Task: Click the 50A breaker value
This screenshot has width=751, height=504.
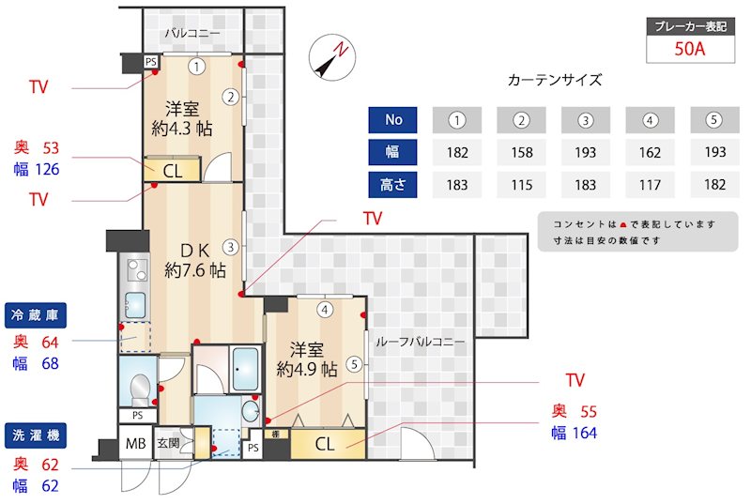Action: (x=689, y=50)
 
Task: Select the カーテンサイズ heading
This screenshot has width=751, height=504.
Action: (x=554, y=81)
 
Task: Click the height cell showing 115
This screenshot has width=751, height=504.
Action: (x=522, y=185)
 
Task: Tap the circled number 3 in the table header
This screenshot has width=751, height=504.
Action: (x=586, y=120)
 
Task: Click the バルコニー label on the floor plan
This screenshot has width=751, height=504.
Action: (x=192, y=35)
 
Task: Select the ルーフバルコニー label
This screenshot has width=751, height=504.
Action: (x=420, y=343)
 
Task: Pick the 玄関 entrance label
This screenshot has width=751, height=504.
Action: (x=168, y=443)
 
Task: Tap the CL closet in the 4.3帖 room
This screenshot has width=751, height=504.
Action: (x=173, y=171)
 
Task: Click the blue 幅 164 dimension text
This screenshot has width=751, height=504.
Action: (x=574, y=433)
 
